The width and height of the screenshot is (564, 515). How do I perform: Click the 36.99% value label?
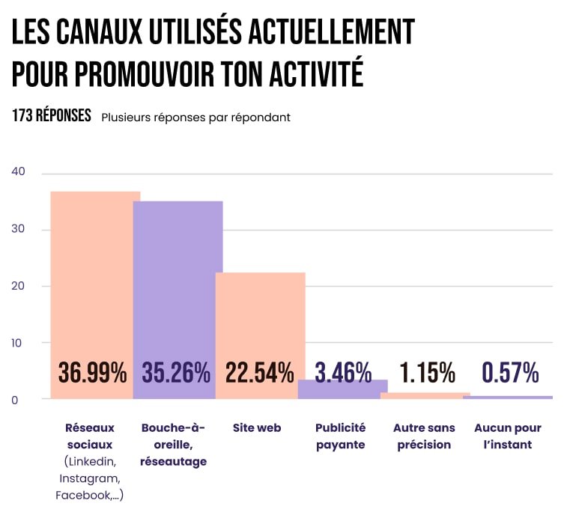coord(93,372)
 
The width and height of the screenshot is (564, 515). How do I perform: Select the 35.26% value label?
coord(176,372)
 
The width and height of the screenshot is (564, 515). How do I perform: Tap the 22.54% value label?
coord(259,372)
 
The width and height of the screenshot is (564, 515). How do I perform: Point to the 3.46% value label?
coord(343,372)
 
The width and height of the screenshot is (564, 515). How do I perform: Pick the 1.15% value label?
coord(427,372)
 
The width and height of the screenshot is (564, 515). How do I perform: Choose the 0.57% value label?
coord(510,372)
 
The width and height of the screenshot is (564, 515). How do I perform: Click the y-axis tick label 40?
coord(19,171)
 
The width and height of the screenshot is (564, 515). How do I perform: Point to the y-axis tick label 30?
coord(19,229)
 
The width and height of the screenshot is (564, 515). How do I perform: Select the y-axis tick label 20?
coord(19,286)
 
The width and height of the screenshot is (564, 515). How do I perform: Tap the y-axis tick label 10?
coord(19,343)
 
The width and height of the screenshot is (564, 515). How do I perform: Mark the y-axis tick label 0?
coord(15,400)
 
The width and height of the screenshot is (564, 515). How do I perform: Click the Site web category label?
coord(257,428)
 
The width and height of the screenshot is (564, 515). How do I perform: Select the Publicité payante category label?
coord(340,436)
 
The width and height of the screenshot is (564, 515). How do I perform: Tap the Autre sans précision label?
coord(424,436)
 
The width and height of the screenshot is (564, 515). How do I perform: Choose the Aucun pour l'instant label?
coord(508,436)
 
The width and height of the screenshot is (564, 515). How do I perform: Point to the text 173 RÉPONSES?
coord(52,117)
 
